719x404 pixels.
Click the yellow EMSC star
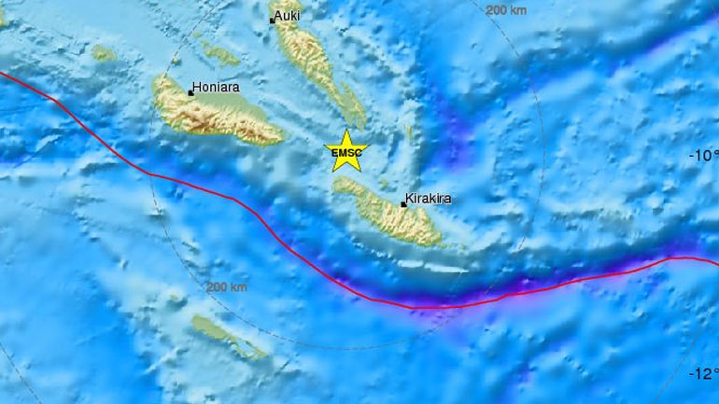click(x=346, y=152)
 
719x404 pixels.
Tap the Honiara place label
click(x=216, y=91)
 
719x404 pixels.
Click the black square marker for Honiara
click(x=190, y=92)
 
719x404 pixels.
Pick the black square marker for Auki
click(x=272, y=20)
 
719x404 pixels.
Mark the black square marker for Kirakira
click(x=402, y=202)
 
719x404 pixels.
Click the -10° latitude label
click(x=703, y=157)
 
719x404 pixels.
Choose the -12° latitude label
click(x=703, y=374)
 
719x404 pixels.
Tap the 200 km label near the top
click(x=508, y=9)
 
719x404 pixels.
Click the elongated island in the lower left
click(x=229, y=337)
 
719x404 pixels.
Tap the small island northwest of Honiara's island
click(x=103, y=53)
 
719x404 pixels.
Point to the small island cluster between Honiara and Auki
click(x=220, y=55)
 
